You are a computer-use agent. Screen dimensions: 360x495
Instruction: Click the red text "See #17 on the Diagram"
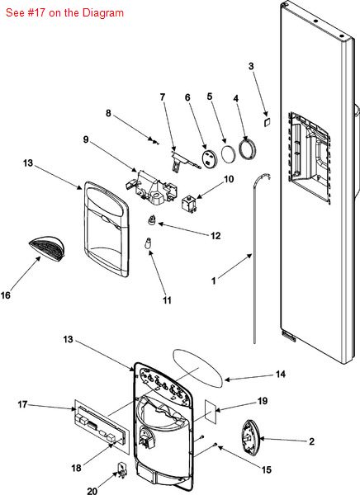pos(64,13)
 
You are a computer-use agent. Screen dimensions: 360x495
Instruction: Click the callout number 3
pos(251,66)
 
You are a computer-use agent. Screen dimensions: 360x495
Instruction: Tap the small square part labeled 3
pos(267,122)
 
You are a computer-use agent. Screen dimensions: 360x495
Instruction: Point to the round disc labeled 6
pos(210,158)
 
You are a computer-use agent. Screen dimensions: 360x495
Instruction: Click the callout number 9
pos(86,139)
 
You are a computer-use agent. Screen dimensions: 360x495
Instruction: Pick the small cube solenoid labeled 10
pos(189,205)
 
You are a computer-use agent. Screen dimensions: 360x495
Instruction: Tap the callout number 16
pos(6,295)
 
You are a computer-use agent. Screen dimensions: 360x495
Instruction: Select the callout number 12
pos(216,236)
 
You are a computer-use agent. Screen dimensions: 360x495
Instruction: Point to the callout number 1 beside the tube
pos(214,280)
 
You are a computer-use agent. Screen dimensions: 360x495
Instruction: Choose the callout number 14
pos(281,375)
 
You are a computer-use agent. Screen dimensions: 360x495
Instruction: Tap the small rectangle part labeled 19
pos(211,412)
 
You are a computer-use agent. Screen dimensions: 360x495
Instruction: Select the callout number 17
pos(22,404)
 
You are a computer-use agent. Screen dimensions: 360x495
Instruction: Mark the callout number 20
pos(92,491)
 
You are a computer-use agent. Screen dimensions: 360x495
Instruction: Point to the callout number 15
pos(267,469)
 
